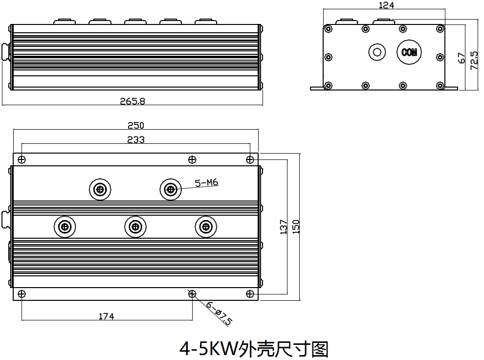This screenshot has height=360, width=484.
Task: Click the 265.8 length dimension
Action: [132, 101]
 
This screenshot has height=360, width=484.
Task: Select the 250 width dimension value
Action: [136, 125]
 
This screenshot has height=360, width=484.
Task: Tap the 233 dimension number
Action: [136, 139]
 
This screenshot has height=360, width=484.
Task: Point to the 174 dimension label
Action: [106, 316]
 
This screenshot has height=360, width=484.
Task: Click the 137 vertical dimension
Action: [284, 227]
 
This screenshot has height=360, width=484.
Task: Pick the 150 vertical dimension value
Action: [296, 227]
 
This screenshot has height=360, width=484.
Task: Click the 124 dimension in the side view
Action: [386, 5]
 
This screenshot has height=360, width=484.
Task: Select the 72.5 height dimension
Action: [474, 61]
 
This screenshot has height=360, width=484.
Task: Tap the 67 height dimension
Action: [461, 58]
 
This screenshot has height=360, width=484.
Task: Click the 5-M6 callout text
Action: [206, 182]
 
